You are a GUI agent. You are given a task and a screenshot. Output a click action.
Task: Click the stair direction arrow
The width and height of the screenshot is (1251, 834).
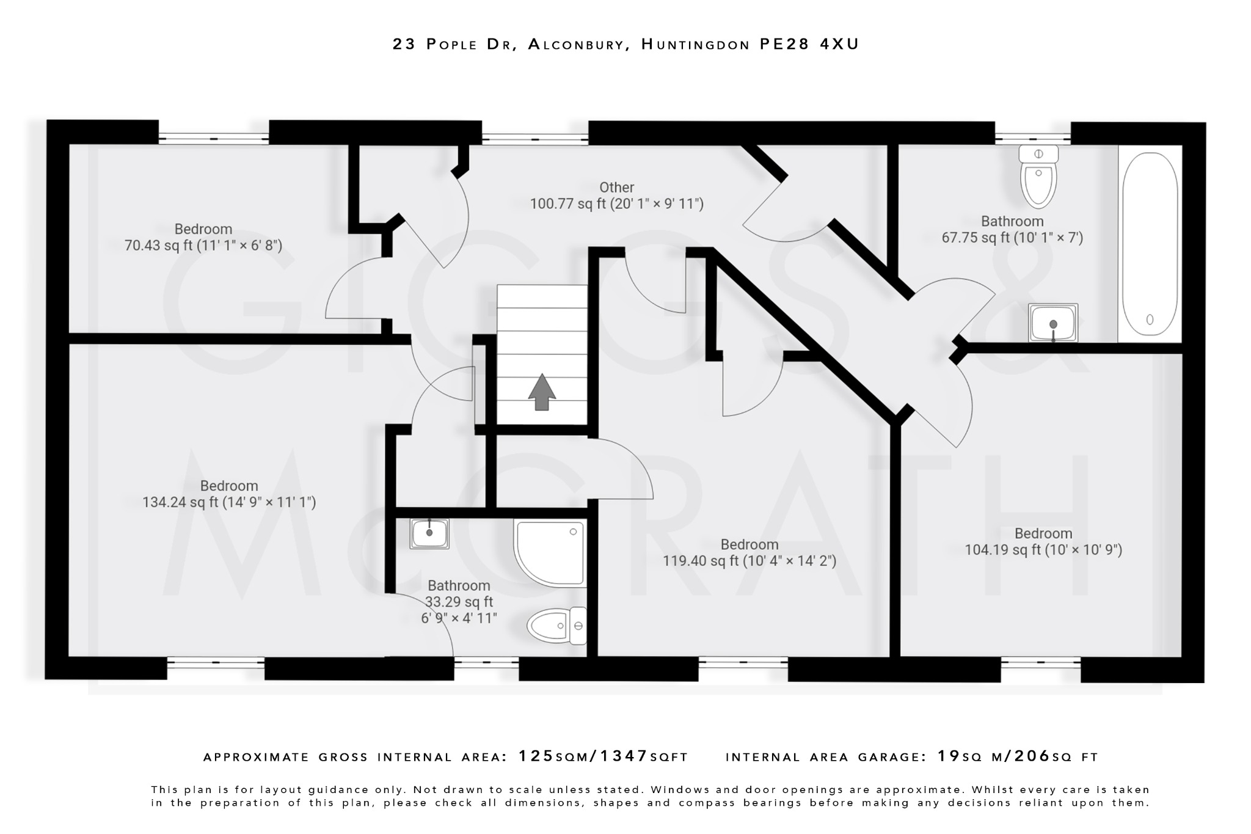pyautogui.click(x=541, y=392)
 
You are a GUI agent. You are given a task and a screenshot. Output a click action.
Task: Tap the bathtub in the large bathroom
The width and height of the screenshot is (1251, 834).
pyautogui.click(x=1149, y=244)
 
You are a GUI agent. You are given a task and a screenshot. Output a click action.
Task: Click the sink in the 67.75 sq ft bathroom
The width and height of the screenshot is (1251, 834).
pyautogui.click(x=1052, y=322)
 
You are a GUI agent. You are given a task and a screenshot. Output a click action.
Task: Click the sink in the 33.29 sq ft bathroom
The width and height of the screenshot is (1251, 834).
pyautogui.click(x=429, y=533)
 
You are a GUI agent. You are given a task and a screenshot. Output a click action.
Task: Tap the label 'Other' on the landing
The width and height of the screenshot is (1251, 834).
pyautogui.click(x=616, y=188)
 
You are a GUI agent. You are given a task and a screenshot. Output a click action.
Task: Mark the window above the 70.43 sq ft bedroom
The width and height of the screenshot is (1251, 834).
pyautogui.click(x=213, y=138)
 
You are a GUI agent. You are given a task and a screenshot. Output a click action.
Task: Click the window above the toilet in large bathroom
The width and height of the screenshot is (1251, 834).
pyautogui.click(x=1032, y=138)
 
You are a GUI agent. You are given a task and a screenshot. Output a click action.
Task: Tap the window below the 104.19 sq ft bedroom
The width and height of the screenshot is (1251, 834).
pyautogui.click(x=1040, y=662)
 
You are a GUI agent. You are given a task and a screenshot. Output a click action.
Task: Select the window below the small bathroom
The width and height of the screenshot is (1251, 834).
pyautogui.click(x=486, y=662)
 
